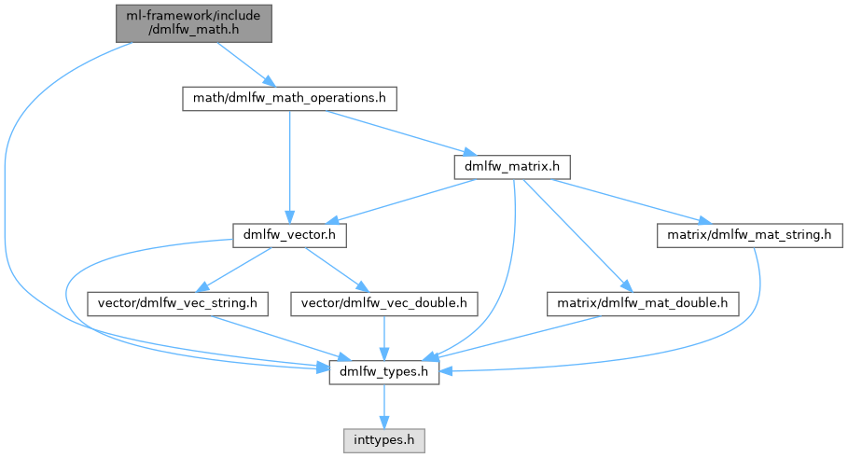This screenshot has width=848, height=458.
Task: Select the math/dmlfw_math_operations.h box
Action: click(289, 97)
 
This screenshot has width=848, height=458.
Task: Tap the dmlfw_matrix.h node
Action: click(511, 167)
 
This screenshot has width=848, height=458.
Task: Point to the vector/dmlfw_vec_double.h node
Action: click(384, 303)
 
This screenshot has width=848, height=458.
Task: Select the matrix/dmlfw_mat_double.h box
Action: click(643, 303)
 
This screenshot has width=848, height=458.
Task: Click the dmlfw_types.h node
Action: click(384, 372)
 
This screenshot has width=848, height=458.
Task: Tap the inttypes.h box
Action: click(384, 437)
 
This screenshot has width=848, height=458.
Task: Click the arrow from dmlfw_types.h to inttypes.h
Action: click(384, 404)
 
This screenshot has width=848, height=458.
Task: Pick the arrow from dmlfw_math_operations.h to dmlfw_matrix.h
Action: click(401, 132)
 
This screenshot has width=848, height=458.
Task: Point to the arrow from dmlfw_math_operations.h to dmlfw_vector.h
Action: click(289, 168)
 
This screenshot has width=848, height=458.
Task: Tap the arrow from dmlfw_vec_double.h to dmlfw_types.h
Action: click(384, 338)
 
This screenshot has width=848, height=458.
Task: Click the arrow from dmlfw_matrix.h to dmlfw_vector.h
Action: click(401, 202)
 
